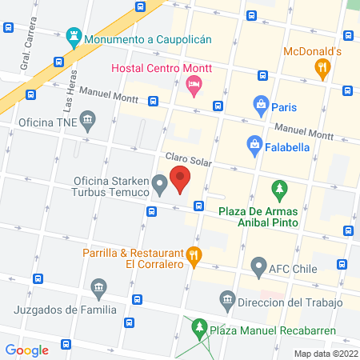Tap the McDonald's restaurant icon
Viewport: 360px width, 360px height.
pos(323,69)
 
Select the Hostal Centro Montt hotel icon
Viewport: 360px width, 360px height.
pos(193,83)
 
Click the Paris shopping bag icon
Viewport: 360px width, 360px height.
pos(260,103)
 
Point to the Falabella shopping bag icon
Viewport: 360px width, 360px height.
pos(254,144)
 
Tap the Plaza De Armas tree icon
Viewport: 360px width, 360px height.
pos(278,190)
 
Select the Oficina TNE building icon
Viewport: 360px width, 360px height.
pos(87,122)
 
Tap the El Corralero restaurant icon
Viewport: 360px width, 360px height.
pos(193,257)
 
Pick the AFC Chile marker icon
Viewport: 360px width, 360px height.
pos(258,266)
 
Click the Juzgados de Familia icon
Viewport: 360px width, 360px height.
pos(98,286)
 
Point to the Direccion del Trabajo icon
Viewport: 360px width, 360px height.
pos(227,299)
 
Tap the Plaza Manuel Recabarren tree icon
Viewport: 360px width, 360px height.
pos(197,328)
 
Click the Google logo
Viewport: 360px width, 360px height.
pos(27,350)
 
